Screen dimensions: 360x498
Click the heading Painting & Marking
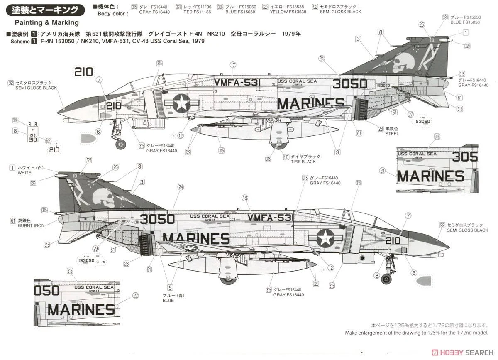[46, 22]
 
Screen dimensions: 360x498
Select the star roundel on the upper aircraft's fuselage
[181, 103]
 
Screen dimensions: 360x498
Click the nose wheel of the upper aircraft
[120, 144]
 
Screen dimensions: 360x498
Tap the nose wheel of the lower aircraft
[386, 279]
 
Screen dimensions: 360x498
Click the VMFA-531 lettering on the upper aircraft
[238, 82]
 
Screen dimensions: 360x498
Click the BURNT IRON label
[31, 225]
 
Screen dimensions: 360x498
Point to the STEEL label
[392, 134]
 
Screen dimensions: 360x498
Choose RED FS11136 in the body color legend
[197, 12]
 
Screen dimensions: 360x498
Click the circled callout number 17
[233, 65]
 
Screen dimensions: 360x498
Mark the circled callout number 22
[135, 296]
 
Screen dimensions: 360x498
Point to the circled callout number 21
[382, 170]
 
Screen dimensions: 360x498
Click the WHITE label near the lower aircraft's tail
[24, 173]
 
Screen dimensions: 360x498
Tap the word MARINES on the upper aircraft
[310, 103]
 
